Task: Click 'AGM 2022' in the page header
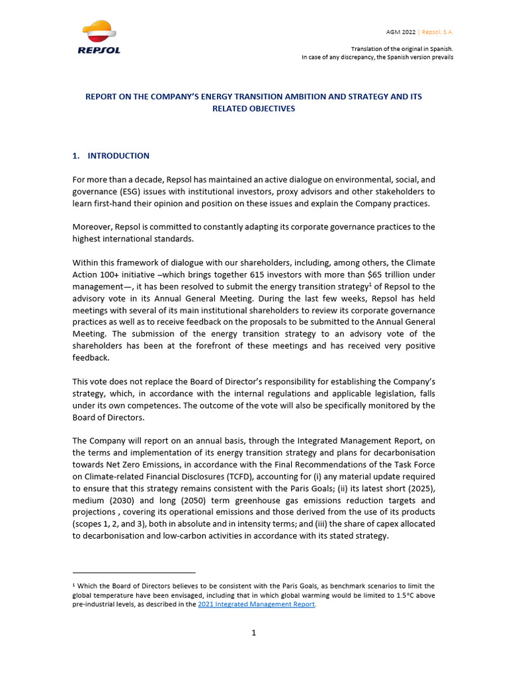(x=402, y=32)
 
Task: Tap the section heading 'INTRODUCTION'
(x=118, y=156)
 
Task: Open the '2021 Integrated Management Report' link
(x=256, y=604)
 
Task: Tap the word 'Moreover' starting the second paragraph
(x=92, y=227)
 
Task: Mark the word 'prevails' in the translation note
(x=441, y=57)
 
